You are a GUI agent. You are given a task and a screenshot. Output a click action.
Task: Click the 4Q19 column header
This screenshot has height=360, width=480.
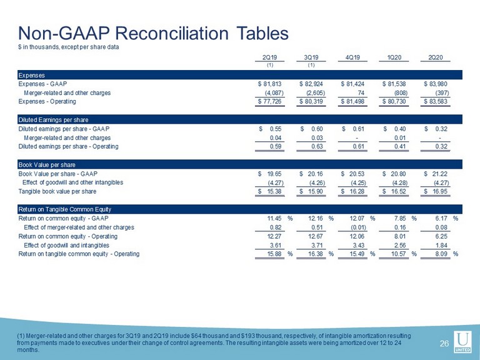(352, 57)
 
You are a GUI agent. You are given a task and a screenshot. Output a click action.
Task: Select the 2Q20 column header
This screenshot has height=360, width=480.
(436, 57)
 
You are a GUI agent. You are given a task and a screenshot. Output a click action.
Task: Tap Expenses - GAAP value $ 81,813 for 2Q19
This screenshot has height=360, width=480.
(270, 84)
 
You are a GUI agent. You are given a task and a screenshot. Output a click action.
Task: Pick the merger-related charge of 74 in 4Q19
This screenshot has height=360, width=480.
(361, 92)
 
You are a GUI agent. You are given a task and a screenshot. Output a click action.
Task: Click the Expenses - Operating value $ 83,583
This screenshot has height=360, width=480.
(436, 101)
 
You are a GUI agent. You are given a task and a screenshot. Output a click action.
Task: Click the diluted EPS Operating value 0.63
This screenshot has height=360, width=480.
(317, 146)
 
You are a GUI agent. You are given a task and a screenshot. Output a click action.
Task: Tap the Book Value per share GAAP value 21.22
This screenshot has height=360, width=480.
(436, 174)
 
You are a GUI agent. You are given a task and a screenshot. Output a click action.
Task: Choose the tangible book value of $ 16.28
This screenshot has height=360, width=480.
(352, 191)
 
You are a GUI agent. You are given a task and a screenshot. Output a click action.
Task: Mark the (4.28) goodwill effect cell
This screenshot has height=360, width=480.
(400, 182)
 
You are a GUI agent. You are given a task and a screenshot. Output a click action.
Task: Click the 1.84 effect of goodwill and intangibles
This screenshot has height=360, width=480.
(441, 245)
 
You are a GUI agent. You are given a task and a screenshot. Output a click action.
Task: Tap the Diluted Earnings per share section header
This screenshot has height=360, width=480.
(53, 120)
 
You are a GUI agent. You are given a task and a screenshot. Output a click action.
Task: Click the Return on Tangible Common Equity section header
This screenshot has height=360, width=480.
(64, 209)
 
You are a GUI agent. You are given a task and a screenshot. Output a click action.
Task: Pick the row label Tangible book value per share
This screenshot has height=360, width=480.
(57, 191)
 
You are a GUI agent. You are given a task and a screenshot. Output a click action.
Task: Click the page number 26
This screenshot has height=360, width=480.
(444, 344)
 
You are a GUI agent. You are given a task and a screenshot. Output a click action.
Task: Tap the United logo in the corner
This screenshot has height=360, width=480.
(462, 342)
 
